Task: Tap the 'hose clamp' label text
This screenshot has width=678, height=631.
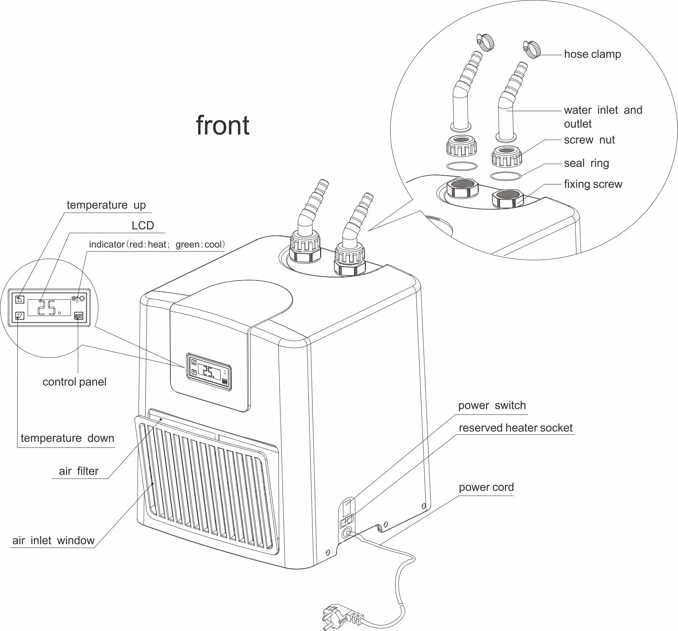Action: pos(592,54)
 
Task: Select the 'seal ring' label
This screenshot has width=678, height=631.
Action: pos(586,163)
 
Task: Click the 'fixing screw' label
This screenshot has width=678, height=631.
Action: pos(593,184)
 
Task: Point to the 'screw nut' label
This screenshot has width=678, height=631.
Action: pos(589,140)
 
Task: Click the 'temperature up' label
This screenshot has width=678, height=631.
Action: pos(106,205)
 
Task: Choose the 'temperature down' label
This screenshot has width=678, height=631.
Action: pos(67,438)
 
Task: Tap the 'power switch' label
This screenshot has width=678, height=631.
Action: pos(492,405)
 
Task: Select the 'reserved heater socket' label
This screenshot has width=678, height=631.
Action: pos(515,428)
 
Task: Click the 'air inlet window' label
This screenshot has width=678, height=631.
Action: pos(53,540)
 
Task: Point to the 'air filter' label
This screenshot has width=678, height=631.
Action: pos(79,471)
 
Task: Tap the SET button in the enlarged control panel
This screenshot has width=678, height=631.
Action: pos(79,316)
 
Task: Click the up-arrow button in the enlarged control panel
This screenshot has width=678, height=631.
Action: pos(20,299)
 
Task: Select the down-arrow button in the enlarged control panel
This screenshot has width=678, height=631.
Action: pos(20,316)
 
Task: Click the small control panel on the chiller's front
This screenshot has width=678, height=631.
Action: pos(208,372)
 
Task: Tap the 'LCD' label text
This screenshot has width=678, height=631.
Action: pos(143,226)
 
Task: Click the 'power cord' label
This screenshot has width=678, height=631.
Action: pos(486,487)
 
